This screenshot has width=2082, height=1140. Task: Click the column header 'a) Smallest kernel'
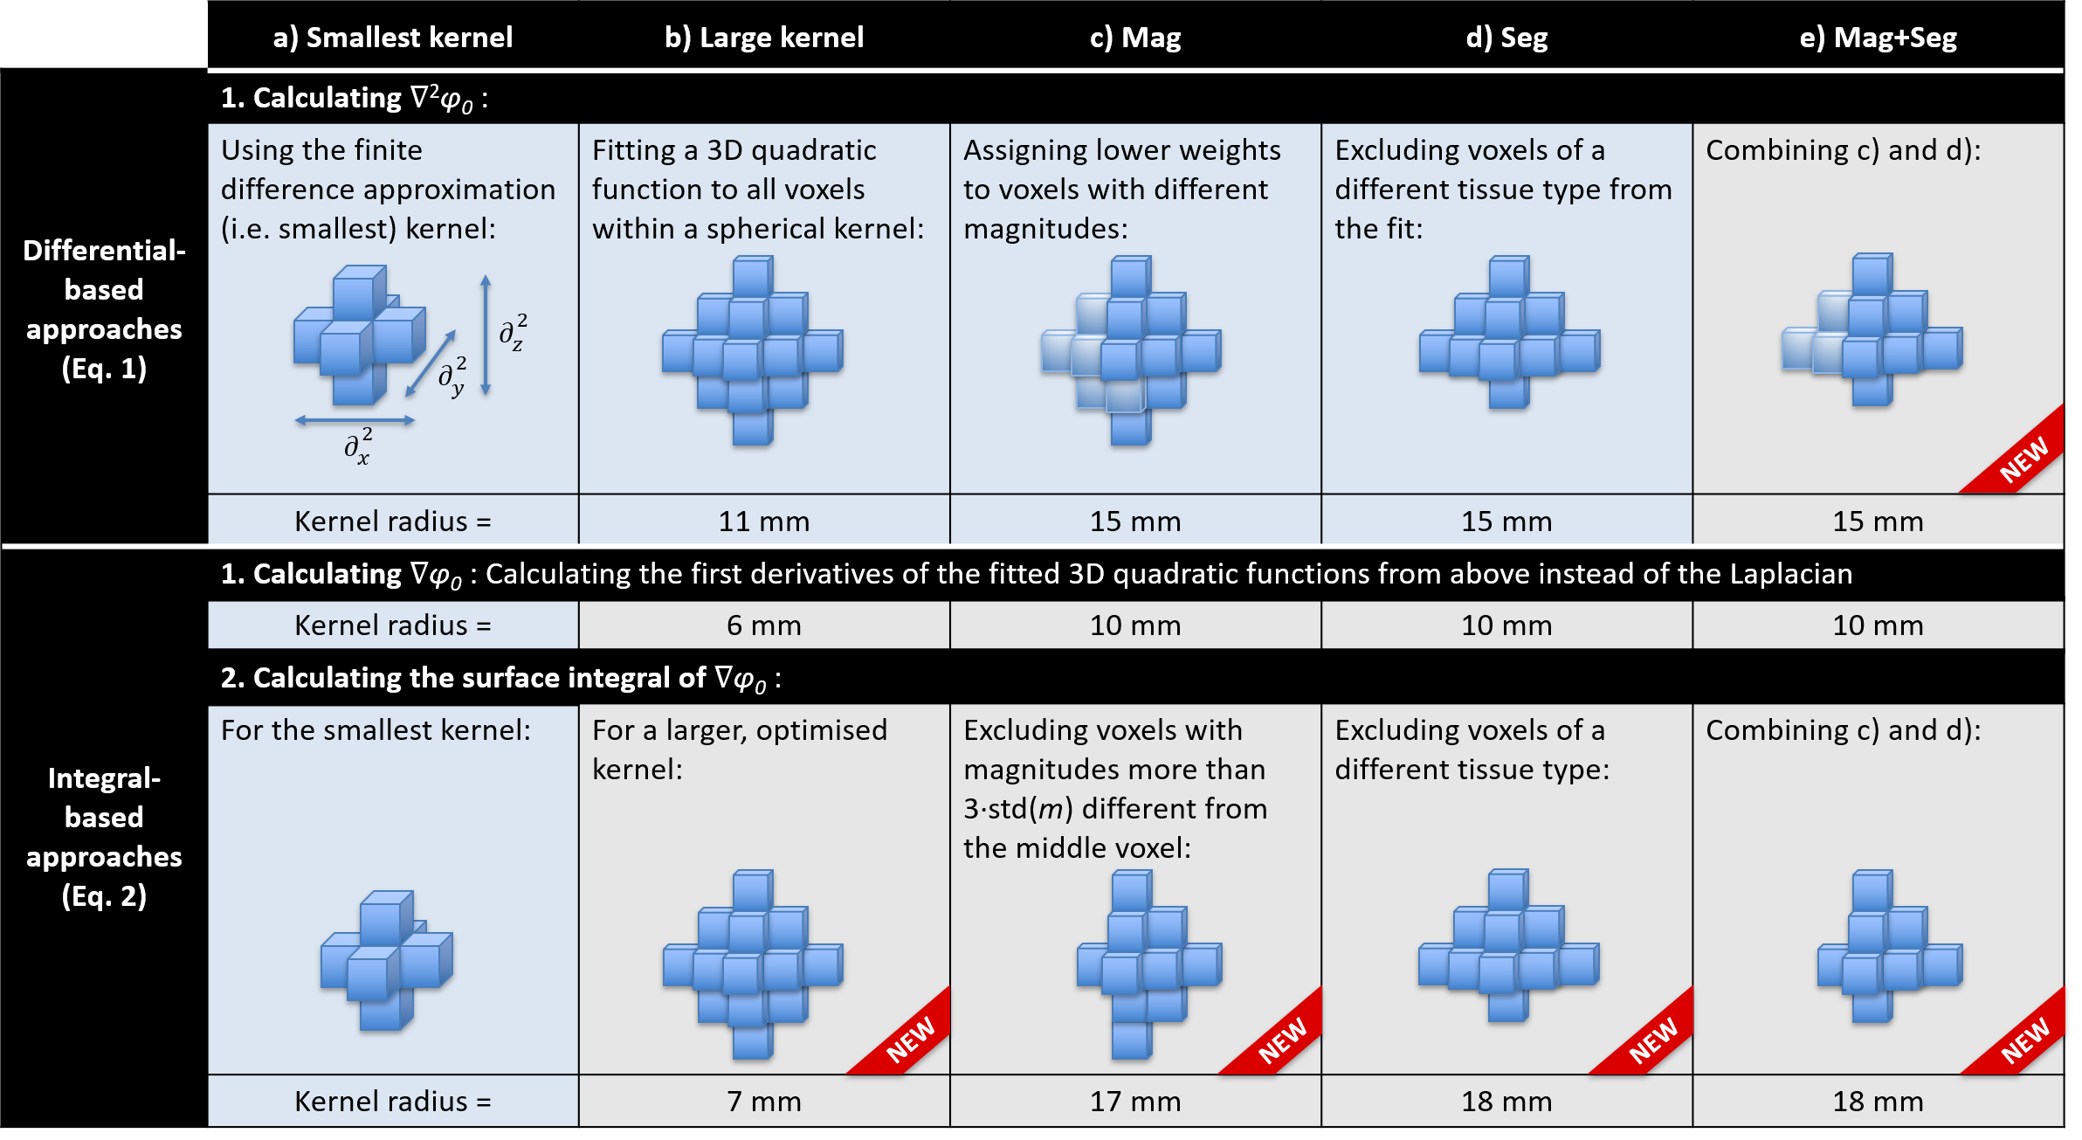[x=392, y=38]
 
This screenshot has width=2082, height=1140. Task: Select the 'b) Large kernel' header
[x=764, y=38]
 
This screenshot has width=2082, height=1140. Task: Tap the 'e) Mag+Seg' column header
[x=1878, y=38]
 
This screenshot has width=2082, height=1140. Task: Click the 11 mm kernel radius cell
[x=764, y=522]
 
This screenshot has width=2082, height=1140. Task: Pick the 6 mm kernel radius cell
[x=764, y=625]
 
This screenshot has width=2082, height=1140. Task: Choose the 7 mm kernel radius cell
[x=764, y=1102]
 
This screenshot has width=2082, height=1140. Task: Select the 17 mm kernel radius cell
[x=1135, y=1102]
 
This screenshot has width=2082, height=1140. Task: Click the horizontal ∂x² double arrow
[x=355, y=420]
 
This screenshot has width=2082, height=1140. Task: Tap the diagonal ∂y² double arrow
[x=431, y=363]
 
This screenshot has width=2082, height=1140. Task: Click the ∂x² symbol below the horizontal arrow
[x=357, y=446]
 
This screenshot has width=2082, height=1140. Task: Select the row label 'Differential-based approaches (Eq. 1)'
[x=104, y=309]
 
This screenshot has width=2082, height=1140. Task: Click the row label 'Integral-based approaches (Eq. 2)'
[x=104, y=837]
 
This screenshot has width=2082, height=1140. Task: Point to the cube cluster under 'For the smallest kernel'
[x=386, y=960]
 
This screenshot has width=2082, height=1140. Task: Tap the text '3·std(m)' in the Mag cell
[x=1018, y=809]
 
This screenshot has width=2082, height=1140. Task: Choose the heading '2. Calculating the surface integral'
[x=500, y=678]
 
